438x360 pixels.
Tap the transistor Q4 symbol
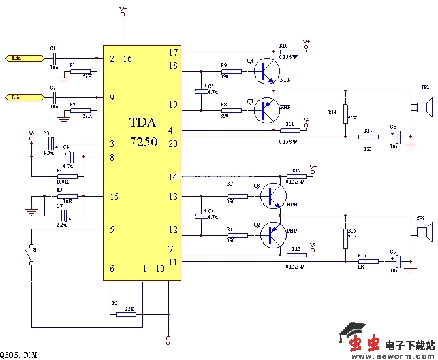tap(264, 71)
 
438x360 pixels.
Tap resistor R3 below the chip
tap(126, 314)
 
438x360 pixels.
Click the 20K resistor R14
tap(345, 112)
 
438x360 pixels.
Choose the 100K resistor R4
tap(67, 176)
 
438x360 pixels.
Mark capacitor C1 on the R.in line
tap(54, 58)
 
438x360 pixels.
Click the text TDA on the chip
tap(143, 123)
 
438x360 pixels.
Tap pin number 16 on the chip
tap(127, 59)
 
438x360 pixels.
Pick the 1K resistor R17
tap(368, 261)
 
